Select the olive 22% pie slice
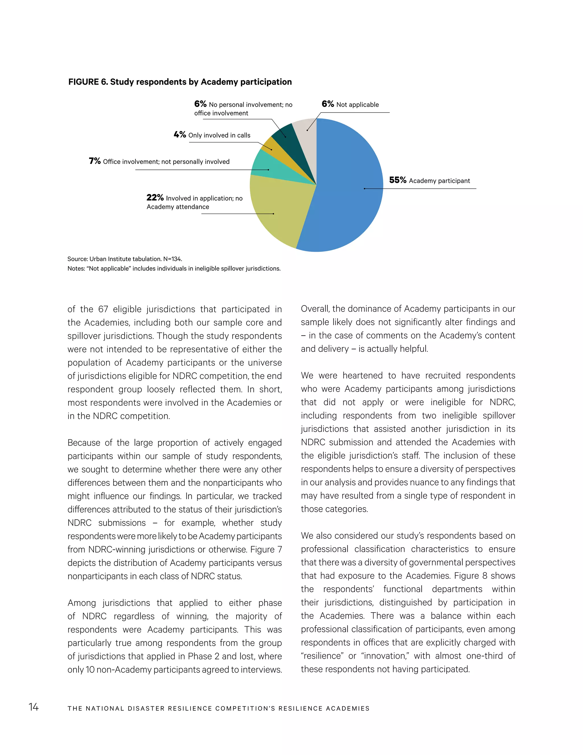click(276, 211)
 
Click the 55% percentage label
click(397, 180)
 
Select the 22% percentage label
click(155, 198)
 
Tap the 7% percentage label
click(95, 161)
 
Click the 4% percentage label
click(180, 135)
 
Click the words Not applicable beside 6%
click(358, 105)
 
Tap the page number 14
click(34, 707)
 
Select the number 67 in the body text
click(103, 309)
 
